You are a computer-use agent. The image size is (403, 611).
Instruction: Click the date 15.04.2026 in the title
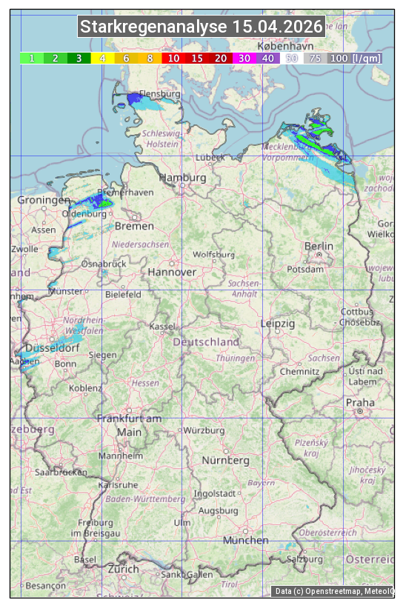tap(278, 27)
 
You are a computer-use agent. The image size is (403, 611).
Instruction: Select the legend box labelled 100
tap(339, 58)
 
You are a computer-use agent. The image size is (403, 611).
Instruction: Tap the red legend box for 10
tap(173, 58)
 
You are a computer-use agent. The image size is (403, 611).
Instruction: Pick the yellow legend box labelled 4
tap(103, 58)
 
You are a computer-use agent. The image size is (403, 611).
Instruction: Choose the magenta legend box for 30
tap(244, 58)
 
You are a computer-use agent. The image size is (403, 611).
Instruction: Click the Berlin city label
tap(319, 246)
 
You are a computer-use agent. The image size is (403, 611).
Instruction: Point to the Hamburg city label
tap(183, 178)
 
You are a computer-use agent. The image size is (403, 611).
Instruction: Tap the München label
tap(246, 541)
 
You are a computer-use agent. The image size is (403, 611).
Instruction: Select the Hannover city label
tap(172, 273)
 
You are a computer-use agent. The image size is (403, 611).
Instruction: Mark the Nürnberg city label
tap(226, 461)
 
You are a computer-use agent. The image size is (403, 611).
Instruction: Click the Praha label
tap(360, 403)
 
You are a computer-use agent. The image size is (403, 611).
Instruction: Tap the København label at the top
tap(287, 45)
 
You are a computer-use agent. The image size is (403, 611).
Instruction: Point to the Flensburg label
tap(160, 95)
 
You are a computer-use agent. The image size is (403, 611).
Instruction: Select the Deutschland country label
tap(206, 342)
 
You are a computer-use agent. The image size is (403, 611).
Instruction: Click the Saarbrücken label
tap(61, 472)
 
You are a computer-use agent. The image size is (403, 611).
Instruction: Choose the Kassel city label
tap(162, 327)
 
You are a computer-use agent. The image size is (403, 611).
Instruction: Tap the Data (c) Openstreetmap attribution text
tap(333, 591)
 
